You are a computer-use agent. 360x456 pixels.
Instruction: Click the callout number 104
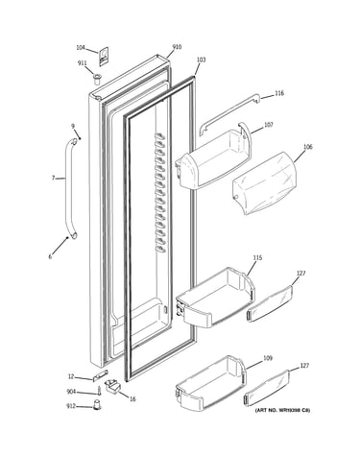[x=81, y=48]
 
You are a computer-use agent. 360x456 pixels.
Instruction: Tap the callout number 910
[x=177, y=47]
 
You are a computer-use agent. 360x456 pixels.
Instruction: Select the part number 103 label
[x=201, y=60]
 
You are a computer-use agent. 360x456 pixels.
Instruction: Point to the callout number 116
[x=279, y=93]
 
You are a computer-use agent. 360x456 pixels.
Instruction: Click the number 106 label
[x=308, y=147]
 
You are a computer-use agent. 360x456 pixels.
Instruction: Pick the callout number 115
[x=257, y=257]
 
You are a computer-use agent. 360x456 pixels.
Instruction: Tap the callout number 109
[x=268, y=358]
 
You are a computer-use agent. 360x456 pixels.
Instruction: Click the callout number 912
[x=71, y=406]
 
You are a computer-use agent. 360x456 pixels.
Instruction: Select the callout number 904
[x=71, y=392]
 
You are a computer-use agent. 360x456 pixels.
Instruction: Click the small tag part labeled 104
[x=104, y=57]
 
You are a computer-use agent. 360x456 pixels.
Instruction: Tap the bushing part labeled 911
[x=97, y=78]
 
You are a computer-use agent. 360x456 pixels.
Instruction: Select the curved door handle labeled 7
[x=71, y=189]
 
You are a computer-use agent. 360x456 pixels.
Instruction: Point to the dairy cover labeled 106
[x=264, y=183]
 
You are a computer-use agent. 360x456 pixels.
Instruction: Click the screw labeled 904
[x=99, y=392]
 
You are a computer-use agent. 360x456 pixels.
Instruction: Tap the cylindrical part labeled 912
[x=97, y=404]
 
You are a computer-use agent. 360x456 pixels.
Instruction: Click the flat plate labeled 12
[x=100, y=375]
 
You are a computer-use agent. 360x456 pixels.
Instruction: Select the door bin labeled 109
[x=211, y=382]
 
